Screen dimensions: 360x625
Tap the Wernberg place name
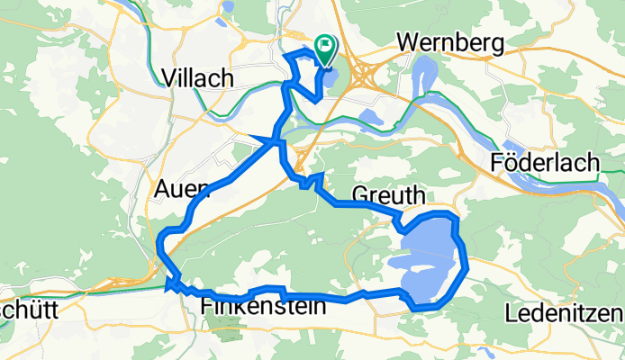point(447,42)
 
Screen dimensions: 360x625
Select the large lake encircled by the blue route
point(428,261)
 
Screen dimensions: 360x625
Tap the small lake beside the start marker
point(330,79)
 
